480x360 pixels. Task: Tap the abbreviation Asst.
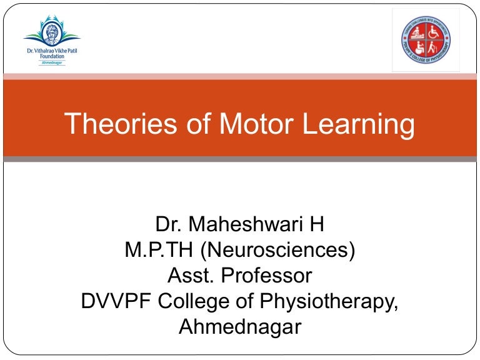coord(192,276)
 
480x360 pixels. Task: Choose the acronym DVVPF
coord(116,301)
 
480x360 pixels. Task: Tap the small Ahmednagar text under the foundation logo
coord(52,62)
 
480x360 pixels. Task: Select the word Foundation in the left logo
coord(52,55)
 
